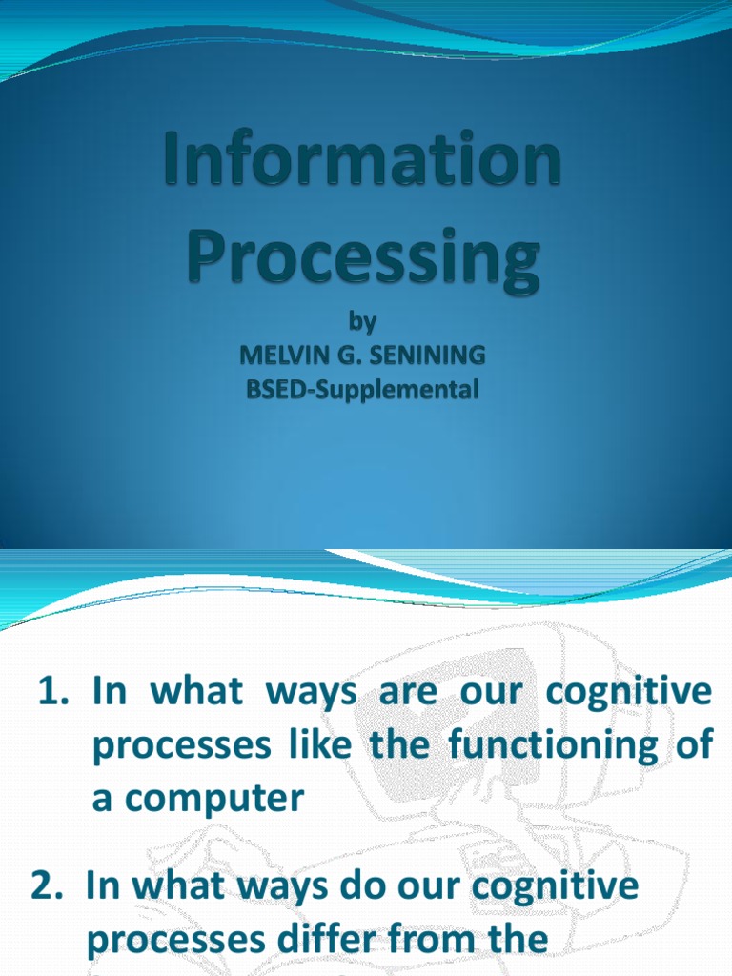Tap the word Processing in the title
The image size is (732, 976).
coord(363,250)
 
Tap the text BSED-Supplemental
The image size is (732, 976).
coord(362,390)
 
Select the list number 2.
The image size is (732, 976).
coord(48,885)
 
